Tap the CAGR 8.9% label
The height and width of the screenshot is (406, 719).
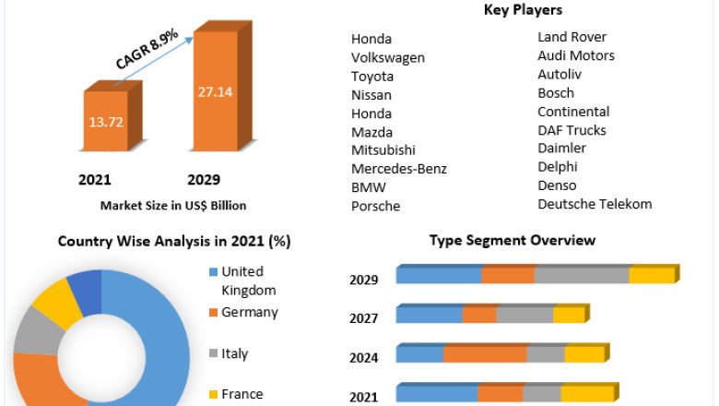147,49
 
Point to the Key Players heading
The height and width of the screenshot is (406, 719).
523,10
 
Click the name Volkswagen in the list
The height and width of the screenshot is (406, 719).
388,57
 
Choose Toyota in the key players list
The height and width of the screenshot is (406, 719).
372,76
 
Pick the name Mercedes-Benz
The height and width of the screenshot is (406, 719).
398,169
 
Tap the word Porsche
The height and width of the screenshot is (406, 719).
375,206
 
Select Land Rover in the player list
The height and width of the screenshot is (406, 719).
572,37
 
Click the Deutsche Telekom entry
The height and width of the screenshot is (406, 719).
595,204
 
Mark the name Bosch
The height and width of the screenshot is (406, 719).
556,92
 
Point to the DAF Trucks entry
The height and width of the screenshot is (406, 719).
572,130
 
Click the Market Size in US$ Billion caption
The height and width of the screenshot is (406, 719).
173,205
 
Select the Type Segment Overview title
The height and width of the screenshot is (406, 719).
513,241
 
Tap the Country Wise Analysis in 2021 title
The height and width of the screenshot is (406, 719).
174,242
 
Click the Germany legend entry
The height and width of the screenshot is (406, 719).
249,313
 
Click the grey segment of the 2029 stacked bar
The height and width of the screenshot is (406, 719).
582,275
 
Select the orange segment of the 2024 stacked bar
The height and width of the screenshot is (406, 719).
485,354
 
